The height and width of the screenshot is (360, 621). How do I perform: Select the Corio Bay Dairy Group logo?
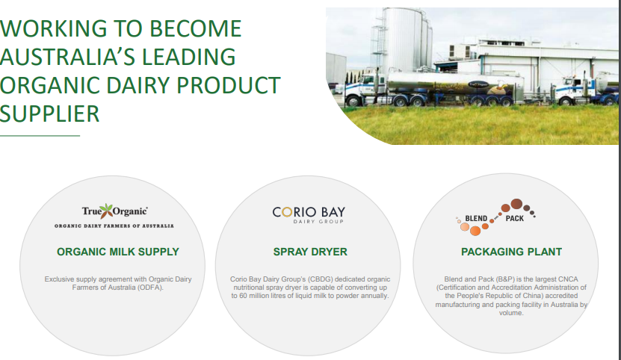(x=309, y=214)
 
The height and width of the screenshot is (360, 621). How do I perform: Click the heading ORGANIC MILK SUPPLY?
(x=118, y=252)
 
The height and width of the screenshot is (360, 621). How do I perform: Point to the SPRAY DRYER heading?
(x=310, y=252)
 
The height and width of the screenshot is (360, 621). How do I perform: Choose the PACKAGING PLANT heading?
(x=511, y=252)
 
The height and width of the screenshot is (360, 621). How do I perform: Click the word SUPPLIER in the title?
(x=49, y=114)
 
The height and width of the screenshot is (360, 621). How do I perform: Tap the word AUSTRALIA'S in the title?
(x=68, y=57)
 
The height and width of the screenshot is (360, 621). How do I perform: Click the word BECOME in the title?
(x=195, y=28)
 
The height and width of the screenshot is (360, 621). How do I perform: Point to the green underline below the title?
(x=40, y=136)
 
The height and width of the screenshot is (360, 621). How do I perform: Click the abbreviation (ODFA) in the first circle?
(x=151, y=288)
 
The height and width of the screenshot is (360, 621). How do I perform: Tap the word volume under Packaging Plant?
(x=511, y=313)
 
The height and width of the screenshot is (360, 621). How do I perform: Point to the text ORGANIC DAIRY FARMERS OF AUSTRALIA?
(x=114, y=226)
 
